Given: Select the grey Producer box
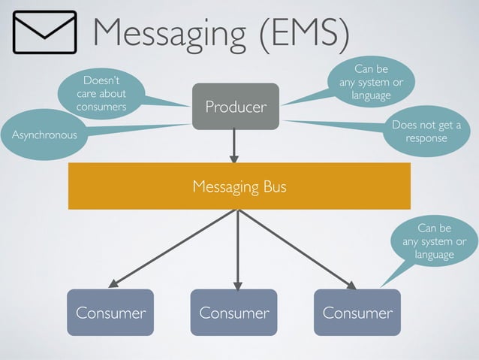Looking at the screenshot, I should (235, 107).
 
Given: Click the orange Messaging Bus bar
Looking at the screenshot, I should (239, 186).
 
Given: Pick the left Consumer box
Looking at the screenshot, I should (110, 312).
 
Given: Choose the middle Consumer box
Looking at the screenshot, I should (233, 312).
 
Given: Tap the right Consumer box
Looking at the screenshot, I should (357, 312).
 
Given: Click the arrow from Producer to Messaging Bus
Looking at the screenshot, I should (234, 145).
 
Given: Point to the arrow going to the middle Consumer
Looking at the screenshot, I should (237, 248).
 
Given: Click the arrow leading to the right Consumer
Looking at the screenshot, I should (296, 248).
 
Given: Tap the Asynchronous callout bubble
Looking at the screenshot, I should (44, 135).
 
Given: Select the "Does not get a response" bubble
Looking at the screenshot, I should (426, 132).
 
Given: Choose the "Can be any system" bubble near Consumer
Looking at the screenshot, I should (434, 241).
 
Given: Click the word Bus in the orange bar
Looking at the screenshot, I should (273, 186).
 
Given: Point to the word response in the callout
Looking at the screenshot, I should (426, 138).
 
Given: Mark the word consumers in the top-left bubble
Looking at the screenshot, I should (101, 107).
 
